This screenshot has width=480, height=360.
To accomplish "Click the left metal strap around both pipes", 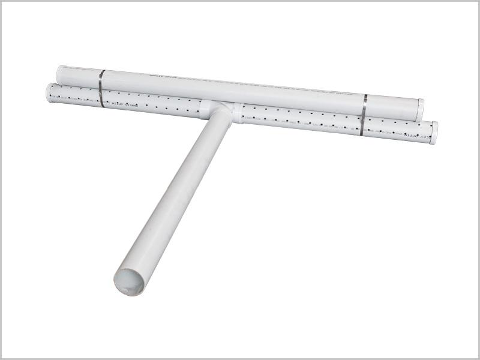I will [x=101, y=88].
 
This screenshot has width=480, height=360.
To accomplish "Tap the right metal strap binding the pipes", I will [x=363, y=114].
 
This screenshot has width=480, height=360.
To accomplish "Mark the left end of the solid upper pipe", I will [x=61, y=74].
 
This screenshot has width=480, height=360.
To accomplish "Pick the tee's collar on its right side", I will [x=238, y=112].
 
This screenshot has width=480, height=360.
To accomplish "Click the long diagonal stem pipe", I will [x=174, y=198].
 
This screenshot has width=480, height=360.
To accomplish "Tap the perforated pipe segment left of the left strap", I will [x=75, y=95].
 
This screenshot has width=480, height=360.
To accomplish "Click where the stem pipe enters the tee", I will [x=218, y=123].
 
